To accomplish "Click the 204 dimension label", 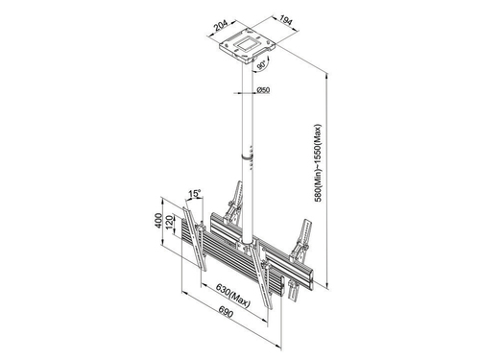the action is tap(222, 26).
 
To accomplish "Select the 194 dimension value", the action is tap(286, 20).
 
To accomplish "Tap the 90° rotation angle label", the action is tap(261, 65).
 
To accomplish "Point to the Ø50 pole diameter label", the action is tap(263, 90).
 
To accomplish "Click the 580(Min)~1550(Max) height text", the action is tap(318, 162).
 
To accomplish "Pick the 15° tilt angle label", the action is tap(195, 194).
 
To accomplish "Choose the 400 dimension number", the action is tap(158, 221).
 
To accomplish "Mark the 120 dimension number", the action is tap(169, 222).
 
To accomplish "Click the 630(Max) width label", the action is tap(232, 295).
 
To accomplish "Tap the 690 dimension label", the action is tap(226, 312).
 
